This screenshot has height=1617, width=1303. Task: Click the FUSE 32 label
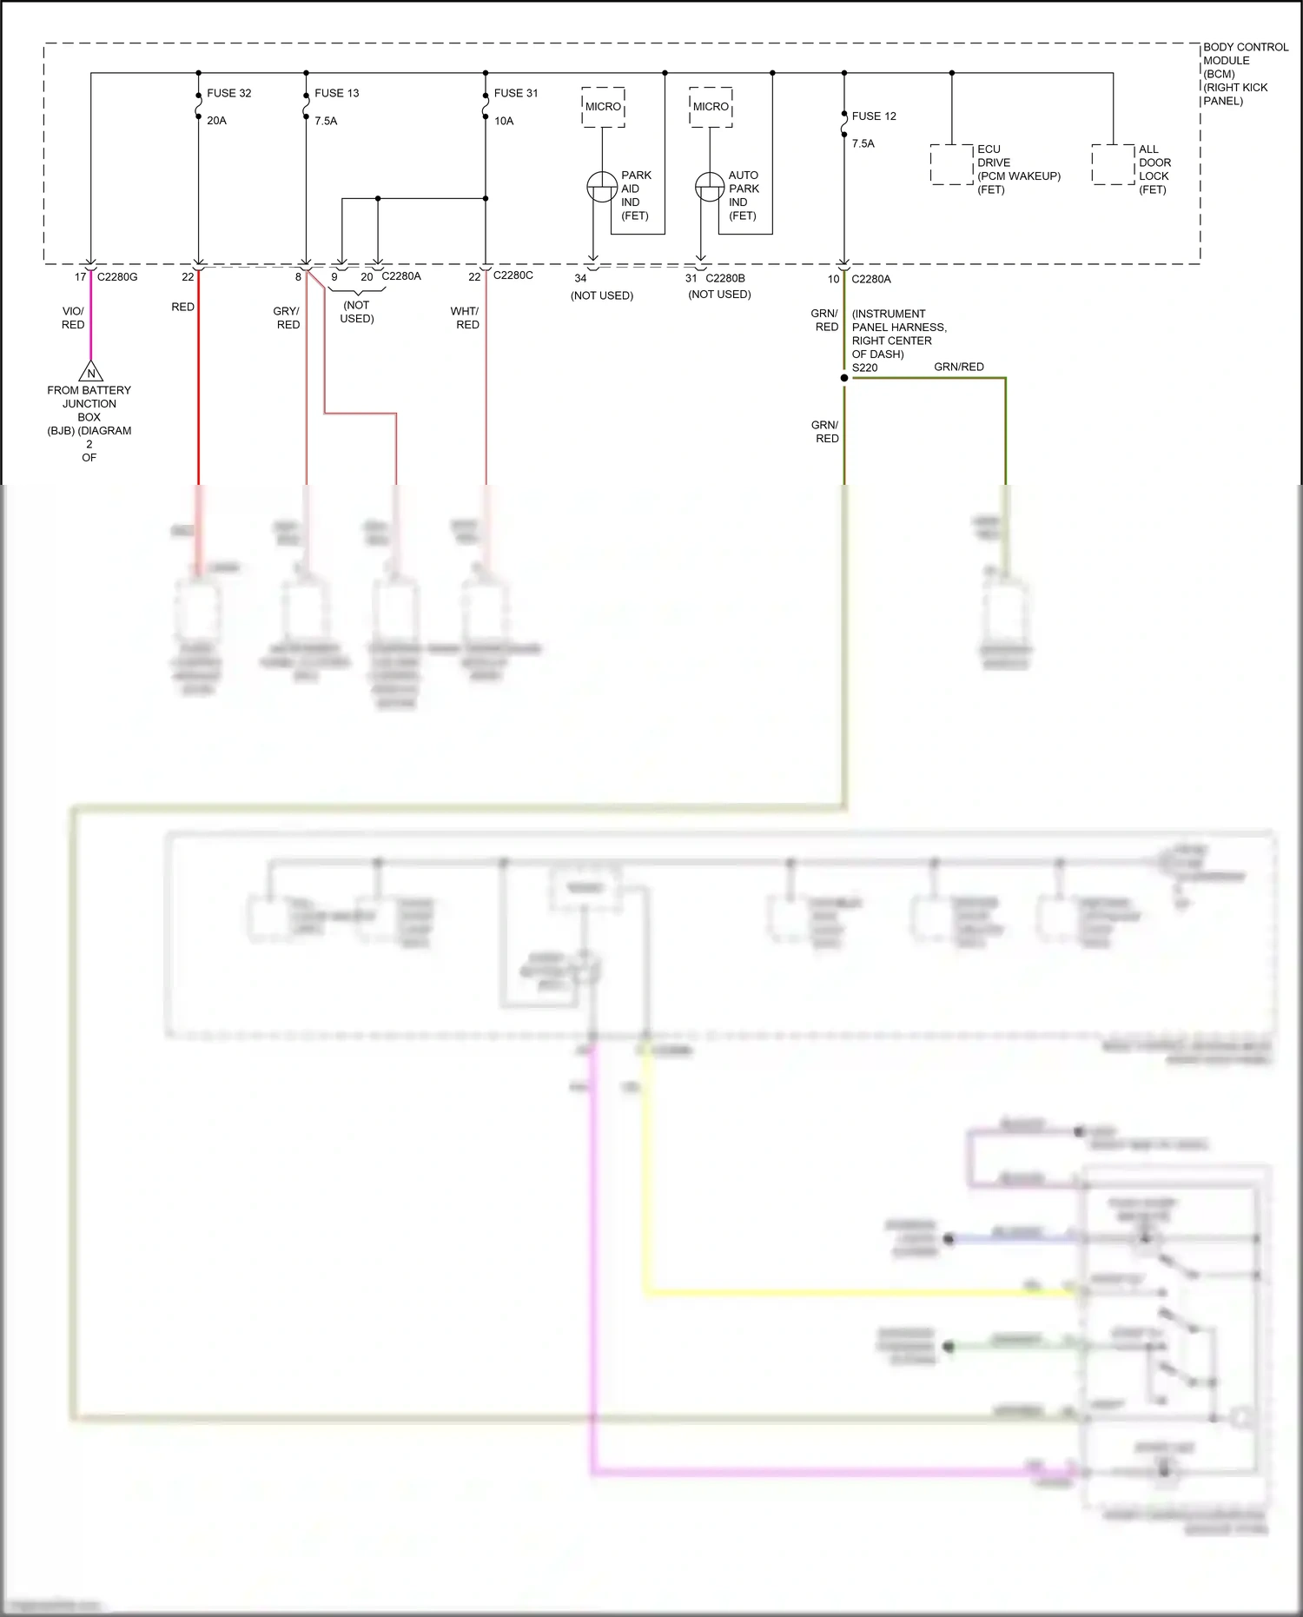(x=228, y=93)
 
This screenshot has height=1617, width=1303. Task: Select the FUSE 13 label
(x=336, y=93)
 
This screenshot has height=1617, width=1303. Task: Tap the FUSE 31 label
(x=516, y=93)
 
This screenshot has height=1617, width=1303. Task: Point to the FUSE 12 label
(x=874, y=116)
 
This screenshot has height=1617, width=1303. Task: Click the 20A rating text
(x=216, y=121)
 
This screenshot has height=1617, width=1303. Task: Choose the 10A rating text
(x=504, y=121)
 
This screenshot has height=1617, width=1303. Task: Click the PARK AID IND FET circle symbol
(x=602, y=187)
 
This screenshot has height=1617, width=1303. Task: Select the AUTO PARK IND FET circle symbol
(x=710, y=187)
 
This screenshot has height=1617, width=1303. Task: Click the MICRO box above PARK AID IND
(x=603, y=107)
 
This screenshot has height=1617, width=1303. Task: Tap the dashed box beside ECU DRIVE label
(x=951, y=164)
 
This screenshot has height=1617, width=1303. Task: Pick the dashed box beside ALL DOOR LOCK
(x=1113, y=164)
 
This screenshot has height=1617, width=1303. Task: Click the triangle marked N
(x=90, y=373)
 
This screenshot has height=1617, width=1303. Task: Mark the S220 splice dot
(x=843, y=378)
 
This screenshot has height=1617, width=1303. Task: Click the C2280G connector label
(x=117, y=277)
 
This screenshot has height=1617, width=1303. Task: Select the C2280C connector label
(x=513, y=275)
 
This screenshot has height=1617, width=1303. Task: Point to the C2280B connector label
(x=725, y=278)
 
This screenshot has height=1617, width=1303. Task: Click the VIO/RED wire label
(x=73, y=317)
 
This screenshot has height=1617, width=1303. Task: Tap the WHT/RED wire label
(x=466, y=317)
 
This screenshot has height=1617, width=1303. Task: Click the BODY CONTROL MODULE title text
(x=1245, y=54)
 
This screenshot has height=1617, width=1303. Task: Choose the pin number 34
(x=580, y=278)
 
